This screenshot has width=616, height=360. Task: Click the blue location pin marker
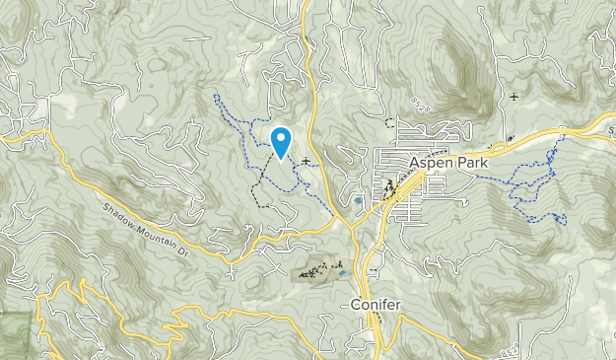click(x=281, y=143)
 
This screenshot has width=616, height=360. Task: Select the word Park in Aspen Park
click(x=469, y=160)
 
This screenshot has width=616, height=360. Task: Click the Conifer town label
click(x=376, y=305)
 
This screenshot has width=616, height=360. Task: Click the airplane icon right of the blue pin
click(x=308, y=161)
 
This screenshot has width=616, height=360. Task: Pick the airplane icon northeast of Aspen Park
click(x=513, y=97)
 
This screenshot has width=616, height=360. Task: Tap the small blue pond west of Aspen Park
click(x=357, y=202)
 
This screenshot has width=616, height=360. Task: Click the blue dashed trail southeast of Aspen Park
click(x=532, y=202)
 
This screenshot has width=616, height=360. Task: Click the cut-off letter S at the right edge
click(x=611, y=128)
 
